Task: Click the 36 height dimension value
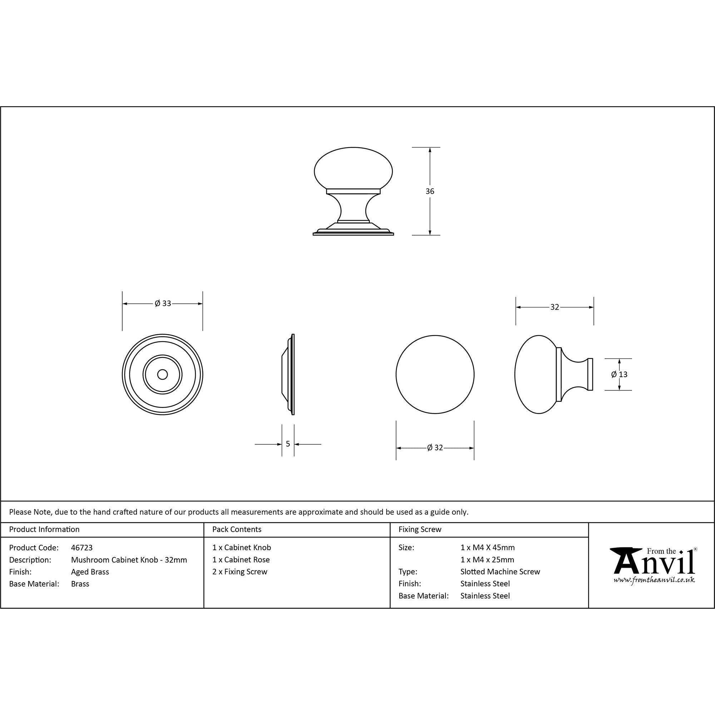[430, 191]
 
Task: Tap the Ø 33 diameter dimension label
[163, 304]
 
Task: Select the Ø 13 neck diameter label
[619, 375]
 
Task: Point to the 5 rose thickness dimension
[288, 444]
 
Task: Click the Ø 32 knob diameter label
[435, 448]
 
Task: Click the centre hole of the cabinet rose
[162, 375]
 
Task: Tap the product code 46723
[82, 548]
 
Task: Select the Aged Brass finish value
[90, 572]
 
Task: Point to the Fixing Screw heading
[420, 529]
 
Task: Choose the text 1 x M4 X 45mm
[487, 548]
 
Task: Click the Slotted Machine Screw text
[500, 572]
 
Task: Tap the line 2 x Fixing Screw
[240, 572]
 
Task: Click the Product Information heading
[44, 529]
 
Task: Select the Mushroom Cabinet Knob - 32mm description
[129, 560]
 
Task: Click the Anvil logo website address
[654, 580]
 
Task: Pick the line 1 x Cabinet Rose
[241, 560]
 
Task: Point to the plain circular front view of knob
[435, 375]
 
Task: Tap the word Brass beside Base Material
[80, 584]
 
